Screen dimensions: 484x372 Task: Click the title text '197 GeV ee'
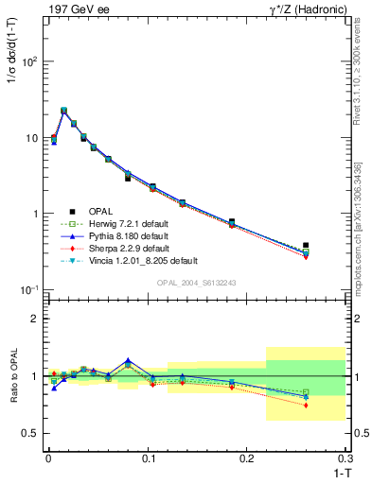coord(73,9)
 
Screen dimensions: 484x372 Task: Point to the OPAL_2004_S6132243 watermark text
coord(196,284)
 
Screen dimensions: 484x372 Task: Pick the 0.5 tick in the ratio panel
coord(31,433)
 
